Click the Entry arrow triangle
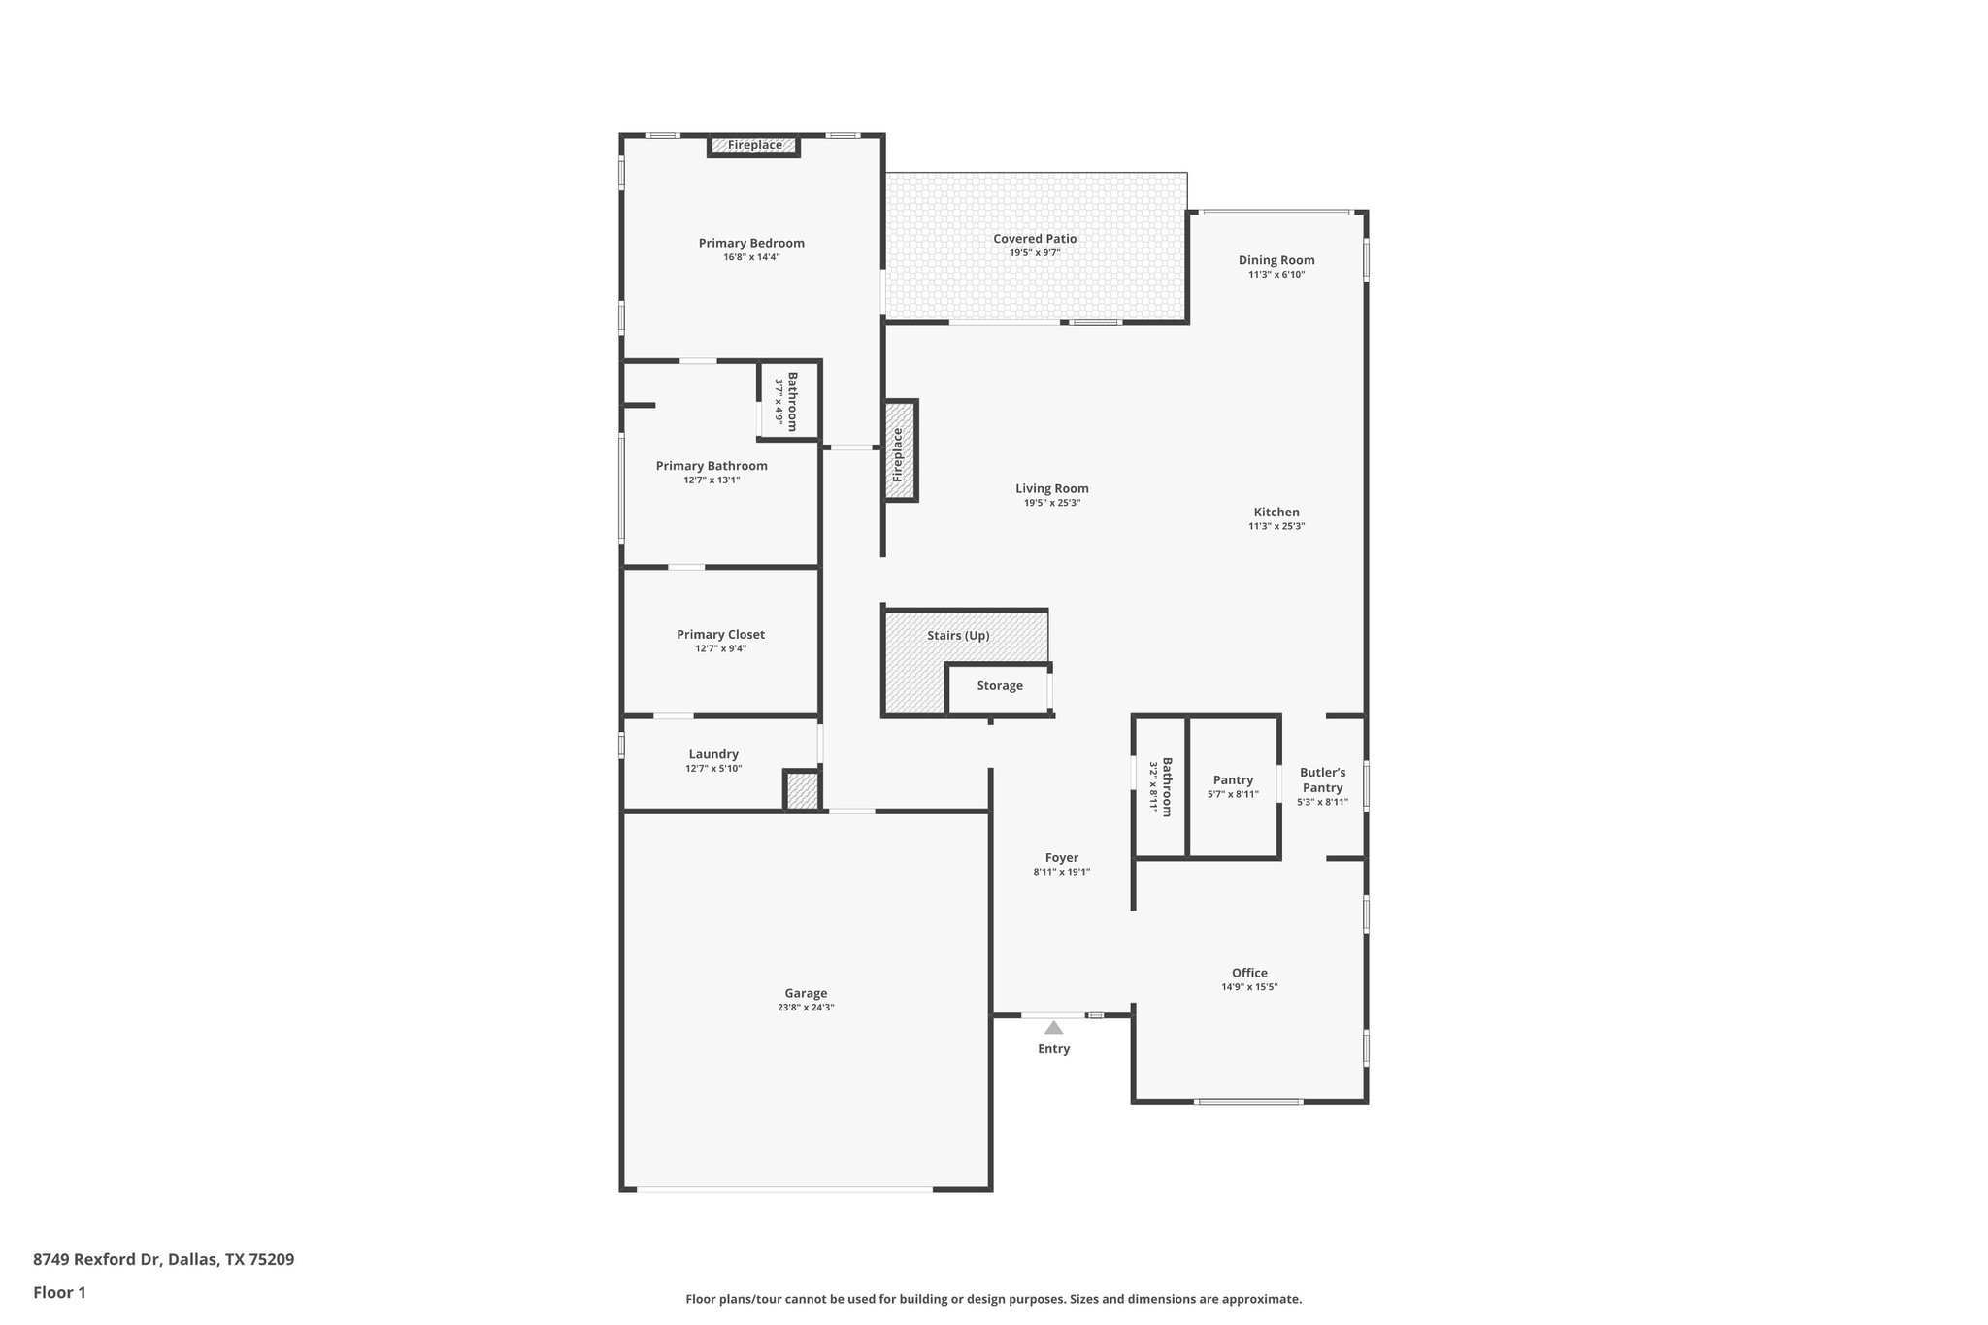click(1053, 1027)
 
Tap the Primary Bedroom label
click(751, 243)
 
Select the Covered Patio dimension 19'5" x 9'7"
click(1035, 253)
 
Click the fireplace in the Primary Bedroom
click(754, 146)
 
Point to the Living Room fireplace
click(900, 451)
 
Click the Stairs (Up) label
click(958, 636)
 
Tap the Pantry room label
click(1233, 779)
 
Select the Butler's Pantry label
click(1322, 779)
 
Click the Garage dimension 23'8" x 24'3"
click(806, 1008)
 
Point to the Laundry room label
click(713, 754)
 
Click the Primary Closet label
click(720, 635)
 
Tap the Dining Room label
click(1276, 260)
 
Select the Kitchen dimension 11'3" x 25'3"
click(1276, 527)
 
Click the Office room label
click(1249, 973)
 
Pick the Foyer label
click(1061, 858)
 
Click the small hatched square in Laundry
click(802, 790)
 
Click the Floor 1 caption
click(59, 1293)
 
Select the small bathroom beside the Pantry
click(1161, 786)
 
